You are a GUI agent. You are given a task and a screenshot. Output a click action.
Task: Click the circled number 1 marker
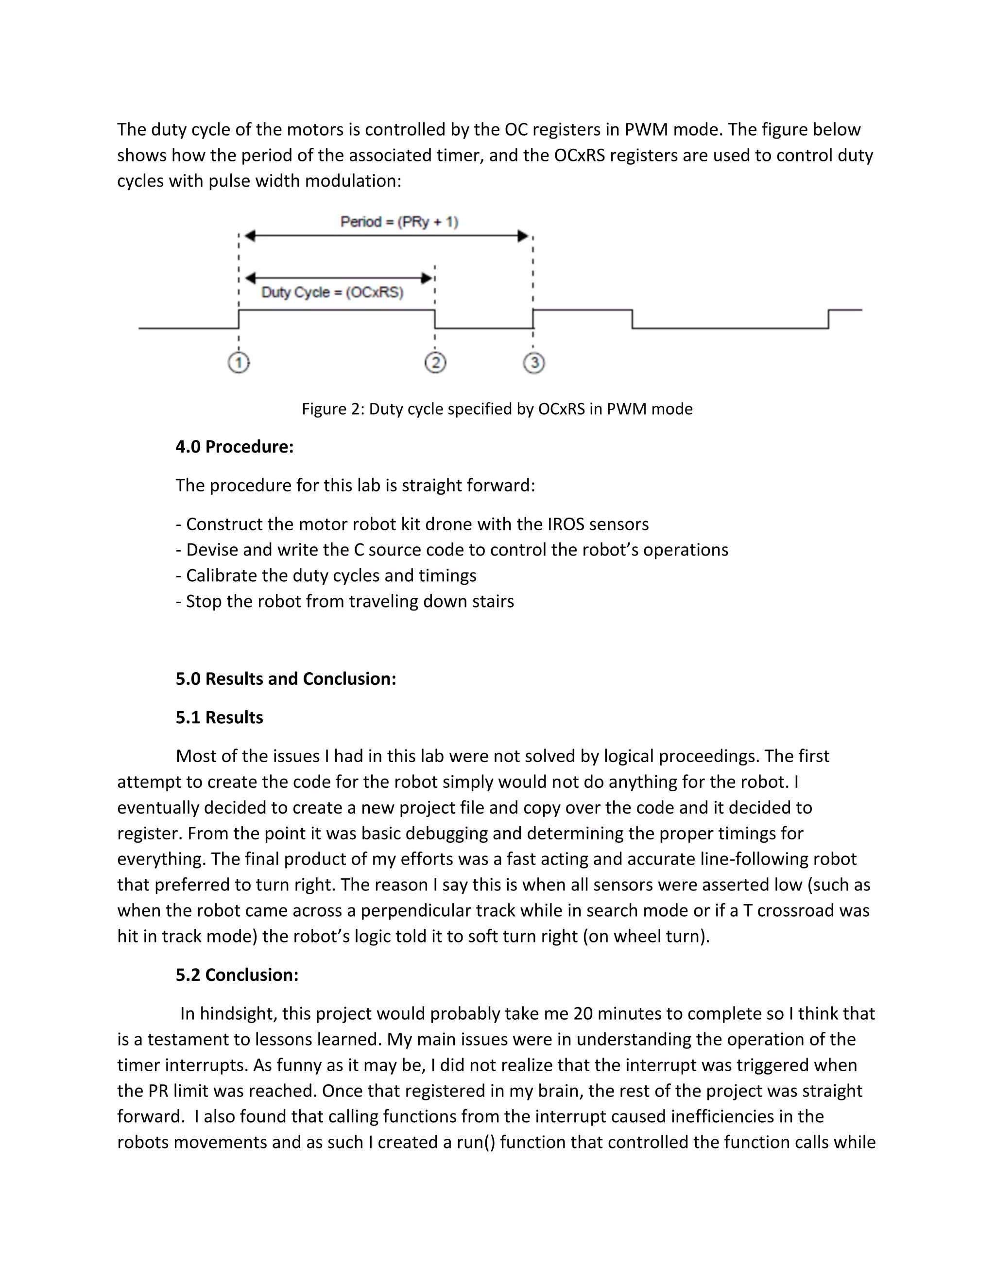click(x=239, y=363)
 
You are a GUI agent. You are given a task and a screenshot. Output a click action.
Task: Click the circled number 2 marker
click(x=435, y=363)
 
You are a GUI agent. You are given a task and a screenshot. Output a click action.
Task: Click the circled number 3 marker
click(x=533, y=363)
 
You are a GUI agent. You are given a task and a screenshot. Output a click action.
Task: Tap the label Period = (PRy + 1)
click(x=399, y=222)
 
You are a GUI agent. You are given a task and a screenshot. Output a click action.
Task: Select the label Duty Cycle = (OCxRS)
click(x=332, y=293)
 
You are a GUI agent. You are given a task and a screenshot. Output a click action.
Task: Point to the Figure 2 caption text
click(x=497, y=409)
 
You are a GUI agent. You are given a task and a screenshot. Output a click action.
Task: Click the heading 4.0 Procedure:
click(x=234, y=447)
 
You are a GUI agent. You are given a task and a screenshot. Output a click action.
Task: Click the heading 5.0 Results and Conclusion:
click(x=285, y=679)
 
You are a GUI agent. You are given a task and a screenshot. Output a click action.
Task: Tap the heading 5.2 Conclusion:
click(x=237, y=975)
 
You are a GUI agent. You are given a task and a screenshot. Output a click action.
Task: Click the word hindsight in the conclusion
click(x=238, y=1014)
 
